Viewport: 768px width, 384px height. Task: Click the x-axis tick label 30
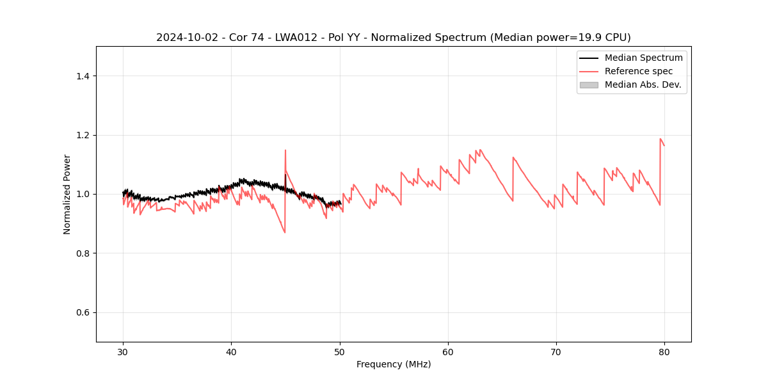(123, 352)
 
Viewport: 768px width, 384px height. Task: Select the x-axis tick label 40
(231, 352)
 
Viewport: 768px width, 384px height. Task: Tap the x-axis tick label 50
(340, 352)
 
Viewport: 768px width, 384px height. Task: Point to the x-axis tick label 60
(448, 352)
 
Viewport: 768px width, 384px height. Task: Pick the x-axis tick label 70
(556, 352)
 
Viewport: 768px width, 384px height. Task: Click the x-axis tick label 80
(664, 352)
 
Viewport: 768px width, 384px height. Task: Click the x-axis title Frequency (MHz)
(394, 364)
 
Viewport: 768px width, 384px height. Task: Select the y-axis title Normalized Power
(67, 194)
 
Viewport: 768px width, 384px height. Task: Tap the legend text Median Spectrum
(643, 58)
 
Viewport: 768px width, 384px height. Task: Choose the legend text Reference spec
(639, 71)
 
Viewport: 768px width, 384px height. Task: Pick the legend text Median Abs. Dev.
(643, 84)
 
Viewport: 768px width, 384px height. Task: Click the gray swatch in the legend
(589, 84)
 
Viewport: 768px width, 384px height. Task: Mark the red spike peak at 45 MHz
(285, 150)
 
